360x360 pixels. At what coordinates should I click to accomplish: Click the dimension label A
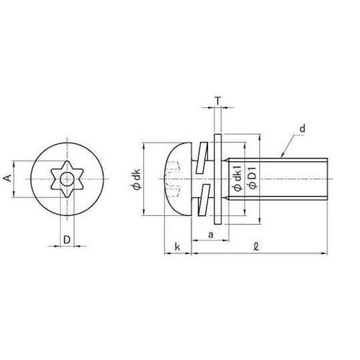coord(8,179)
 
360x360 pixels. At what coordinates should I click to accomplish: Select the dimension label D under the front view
coord(67,239)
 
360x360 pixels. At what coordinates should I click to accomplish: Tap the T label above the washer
coord(217,101)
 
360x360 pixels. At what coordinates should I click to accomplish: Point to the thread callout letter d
coord(302,129)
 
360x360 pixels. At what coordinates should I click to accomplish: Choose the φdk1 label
coord(238,177)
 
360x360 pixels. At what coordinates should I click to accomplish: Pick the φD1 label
coord(253,177)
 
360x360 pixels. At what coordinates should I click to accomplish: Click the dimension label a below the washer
coord(211,235)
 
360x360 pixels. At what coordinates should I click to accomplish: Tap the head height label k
coord(177,247)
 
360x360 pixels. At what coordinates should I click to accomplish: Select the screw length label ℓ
coord(256,246)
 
